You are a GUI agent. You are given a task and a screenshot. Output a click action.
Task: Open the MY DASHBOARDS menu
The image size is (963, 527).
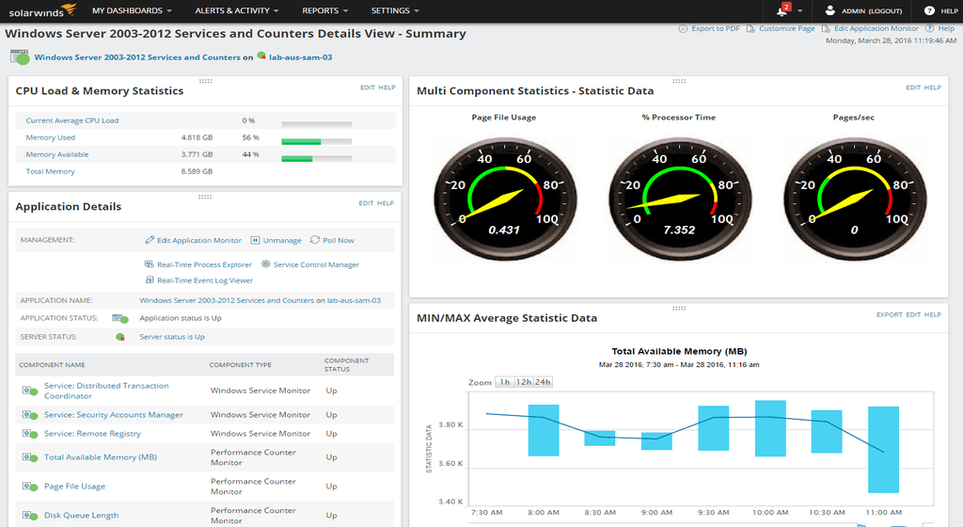[132, 11]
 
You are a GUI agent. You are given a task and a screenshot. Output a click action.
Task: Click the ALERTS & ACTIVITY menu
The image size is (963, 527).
[237, 11]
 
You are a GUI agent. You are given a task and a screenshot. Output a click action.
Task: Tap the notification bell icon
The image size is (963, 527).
[781, 11]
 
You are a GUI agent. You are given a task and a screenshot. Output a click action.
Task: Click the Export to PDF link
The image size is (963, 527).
[715, 29]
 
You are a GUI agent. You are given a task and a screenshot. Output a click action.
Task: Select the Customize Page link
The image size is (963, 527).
[786, 29]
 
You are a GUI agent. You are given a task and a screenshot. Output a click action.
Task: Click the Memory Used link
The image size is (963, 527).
[50, 137]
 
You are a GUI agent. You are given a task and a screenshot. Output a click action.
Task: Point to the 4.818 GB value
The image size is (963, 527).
[197, 137]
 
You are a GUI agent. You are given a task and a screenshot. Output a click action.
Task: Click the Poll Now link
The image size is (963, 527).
[338, 240]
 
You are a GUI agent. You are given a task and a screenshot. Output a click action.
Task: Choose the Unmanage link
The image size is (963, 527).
[281, 240]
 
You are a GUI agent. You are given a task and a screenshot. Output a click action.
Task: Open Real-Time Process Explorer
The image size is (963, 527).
[204, 264]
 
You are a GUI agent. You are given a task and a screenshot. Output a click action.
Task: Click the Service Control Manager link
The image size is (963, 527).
[316, 264]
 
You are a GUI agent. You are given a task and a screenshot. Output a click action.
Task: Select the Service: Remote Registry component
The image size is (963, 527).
[92, 434]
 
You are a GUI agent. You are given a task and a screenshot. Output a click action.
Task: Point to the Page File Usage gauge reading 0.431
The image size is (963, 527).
[505, 230]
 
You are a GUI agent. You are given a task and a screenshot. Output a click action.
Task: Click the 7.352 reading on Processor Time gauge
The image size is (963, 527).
[679, 230]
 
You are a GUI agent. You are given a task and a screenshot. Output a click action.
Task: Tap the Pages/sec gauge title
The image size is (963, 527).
[854, 118]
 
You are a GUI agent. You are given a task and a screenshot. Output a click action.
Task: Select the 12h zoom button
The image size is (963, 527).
[524, 382]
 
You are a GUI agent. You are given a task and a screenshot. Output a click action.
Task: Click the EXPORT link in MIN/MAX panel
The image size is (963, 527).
[889, 314]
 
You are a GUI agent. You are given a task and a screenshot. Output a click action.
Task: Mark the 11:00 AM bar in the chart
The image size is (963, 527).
[883, 450]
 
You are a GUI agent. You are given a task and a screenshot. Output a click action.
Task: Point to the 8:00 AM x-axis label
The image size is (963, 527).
[545, 514]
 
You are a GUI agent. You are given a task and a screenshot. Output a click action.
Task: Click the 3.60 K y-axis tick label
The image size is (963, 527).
[450, 463]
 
